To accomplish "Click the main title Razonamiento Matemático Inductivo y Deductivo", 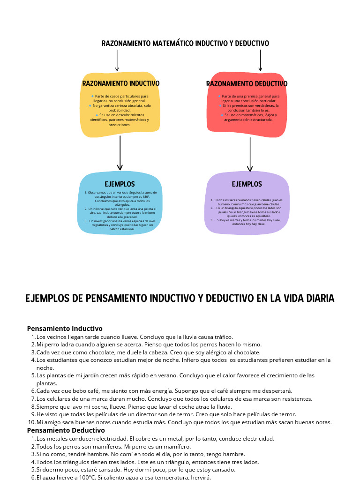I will coord(185,44).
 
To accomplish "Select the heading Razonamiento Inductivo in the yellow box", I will coord(121,83).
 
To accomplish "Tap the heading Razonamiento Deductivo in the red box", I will coord(247,84).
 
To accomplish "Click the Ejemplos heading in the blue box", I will coord(120,184).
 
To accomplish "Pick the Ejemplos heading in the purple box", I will coord(247,184).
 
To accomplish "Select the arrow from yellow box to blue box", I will coord(120,153).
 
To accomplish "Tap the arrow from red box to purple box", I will coord(250,154).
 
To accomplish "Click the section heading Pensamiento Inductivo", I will coord(65,329).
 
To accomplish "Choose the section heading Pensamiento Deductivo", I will coord(66,430).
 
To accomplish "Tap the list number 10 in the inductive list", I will coord(31,422).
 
